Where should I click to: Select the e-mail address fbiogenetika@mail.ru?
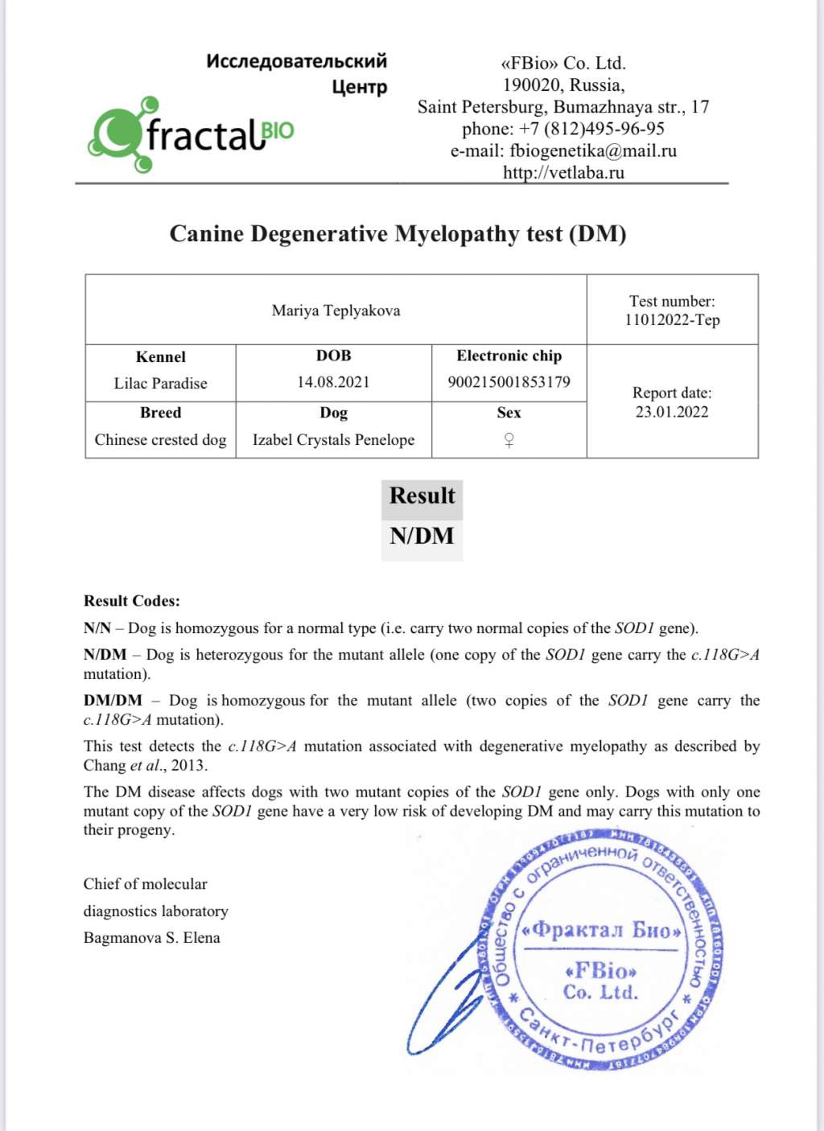click(593, 150)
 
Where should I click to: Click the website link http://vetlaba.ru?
click(563, 172)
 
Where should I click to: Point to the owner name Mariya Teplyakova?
click(336, 311)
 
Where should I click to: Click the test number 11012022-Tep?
click(672, 320)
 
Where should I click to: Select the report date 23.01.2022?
click(672, 412)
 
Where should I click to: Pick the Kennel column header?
click(160, 356)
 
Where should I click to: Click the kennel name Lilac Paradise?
click(160, 383)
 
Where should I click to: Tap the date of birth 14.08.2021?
click(333, 382)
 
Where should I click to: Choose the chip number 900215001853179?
click(509, 381)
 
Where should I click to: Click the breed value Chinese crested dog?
click(160, 439)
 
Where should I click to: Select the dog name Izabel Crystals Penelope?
click(333, 439)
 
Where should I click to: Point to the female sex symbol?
click(509, 440)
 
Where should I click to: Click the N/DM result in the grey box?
click(422, 536)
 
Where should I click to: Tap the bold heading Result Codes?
click(132, 601)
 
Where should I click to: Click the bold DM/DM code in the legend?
click(113, 701)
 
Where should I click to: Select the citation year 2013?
click(188, 765)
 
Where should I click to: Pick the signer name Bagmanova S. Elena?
click(151, 937)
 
